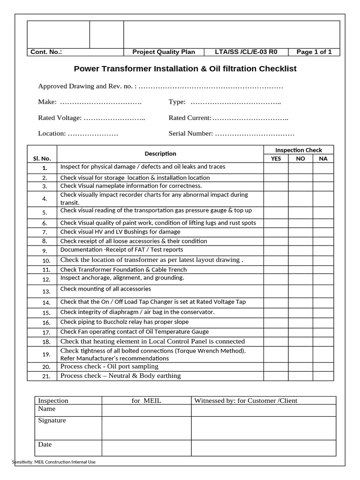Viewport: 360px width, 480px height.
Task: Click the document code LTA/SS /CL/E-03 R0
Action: pos(249,52)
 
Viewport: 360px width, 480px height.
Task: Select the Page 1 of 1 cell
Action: pos(314,52)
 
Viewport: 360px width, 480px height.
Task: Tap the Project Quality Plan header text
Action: pos(164,52)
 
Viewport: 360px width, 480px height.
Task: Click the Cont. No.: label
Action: pos(46,52)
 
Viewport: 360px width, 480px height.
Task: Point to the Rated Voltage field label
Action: pos(60,118)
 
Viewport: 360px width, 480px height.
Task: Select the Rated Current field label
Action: pos(190,118)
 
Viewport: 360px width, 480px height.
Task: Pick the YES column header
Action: pos(276,159)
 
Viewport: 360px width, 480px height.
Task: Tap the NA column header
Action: pos(323,159)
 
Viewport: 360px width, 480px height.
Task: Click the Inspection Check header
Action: pos(299,150)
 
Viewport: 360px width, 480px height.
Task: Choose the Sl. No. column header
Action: pos(42,159)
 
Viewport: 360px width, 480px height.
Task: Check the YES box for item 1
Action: pos(276,168)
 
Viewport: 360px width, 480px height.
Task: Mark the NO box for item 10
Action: pos(300,261)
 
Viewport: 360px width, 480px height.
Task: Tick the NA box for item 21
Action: pos(323,376)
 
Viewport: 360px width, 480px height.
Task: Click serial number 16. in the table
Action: pos(46,323)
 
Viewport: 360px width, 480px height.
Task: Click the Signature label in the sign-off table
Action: pos(52,420)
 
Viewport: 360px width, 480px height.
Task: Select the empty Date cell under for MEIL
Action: pos(146,448)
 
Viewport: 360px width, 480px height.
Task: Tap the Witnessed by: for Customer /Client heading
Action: pos(246,400)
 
